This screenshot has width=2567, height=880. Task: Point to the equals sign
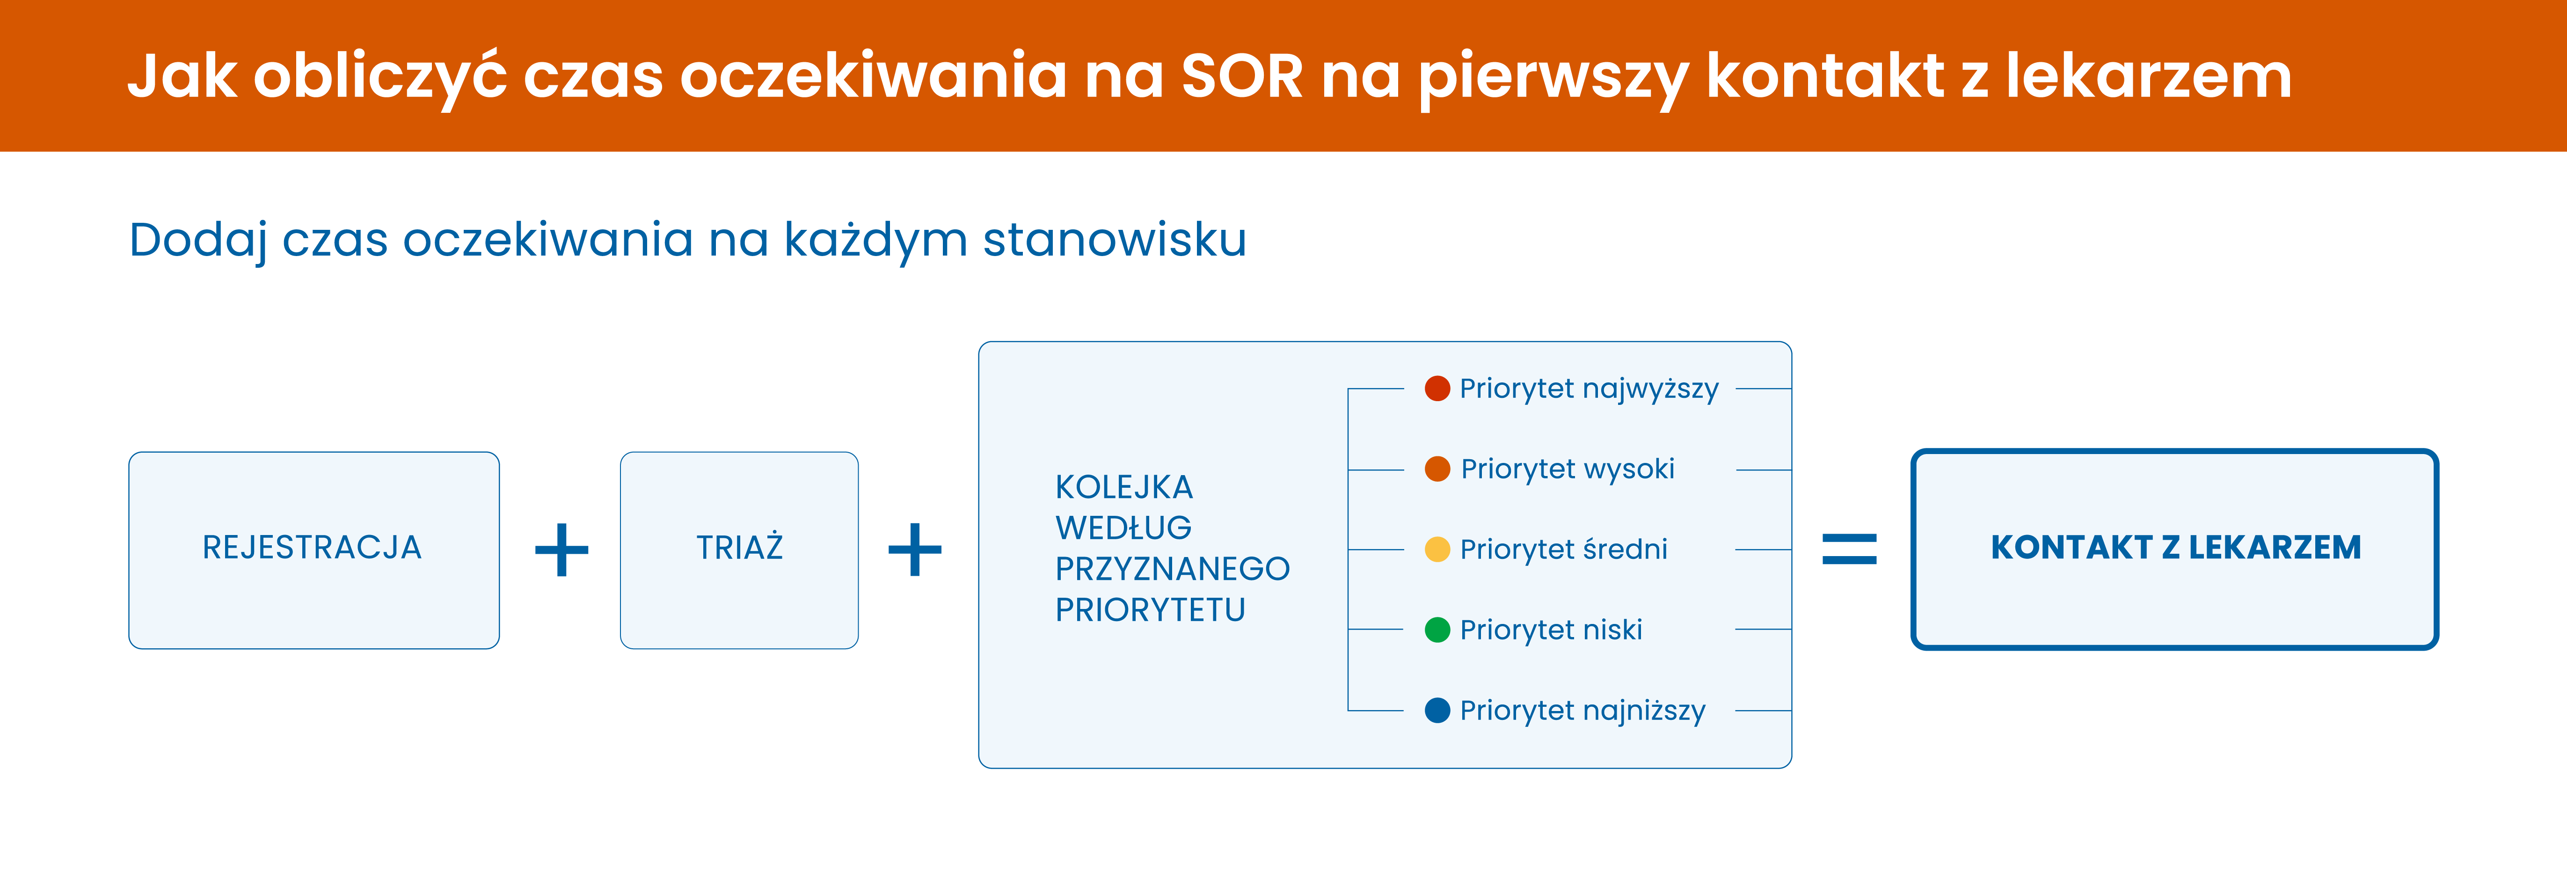point(1850,549)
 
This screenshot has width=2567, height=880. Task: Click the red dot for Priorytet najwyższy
point(1437,389)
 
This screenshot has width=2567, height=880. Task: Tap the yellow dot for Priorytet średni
point(1437,549)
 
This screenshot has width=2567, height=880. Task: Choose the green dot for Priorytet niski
point(1437,630)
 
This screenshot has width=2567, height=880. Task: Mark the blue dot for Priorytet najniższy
point(1437,711)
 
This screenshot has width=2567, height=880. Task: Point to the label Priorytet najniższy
point(1582,711)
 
